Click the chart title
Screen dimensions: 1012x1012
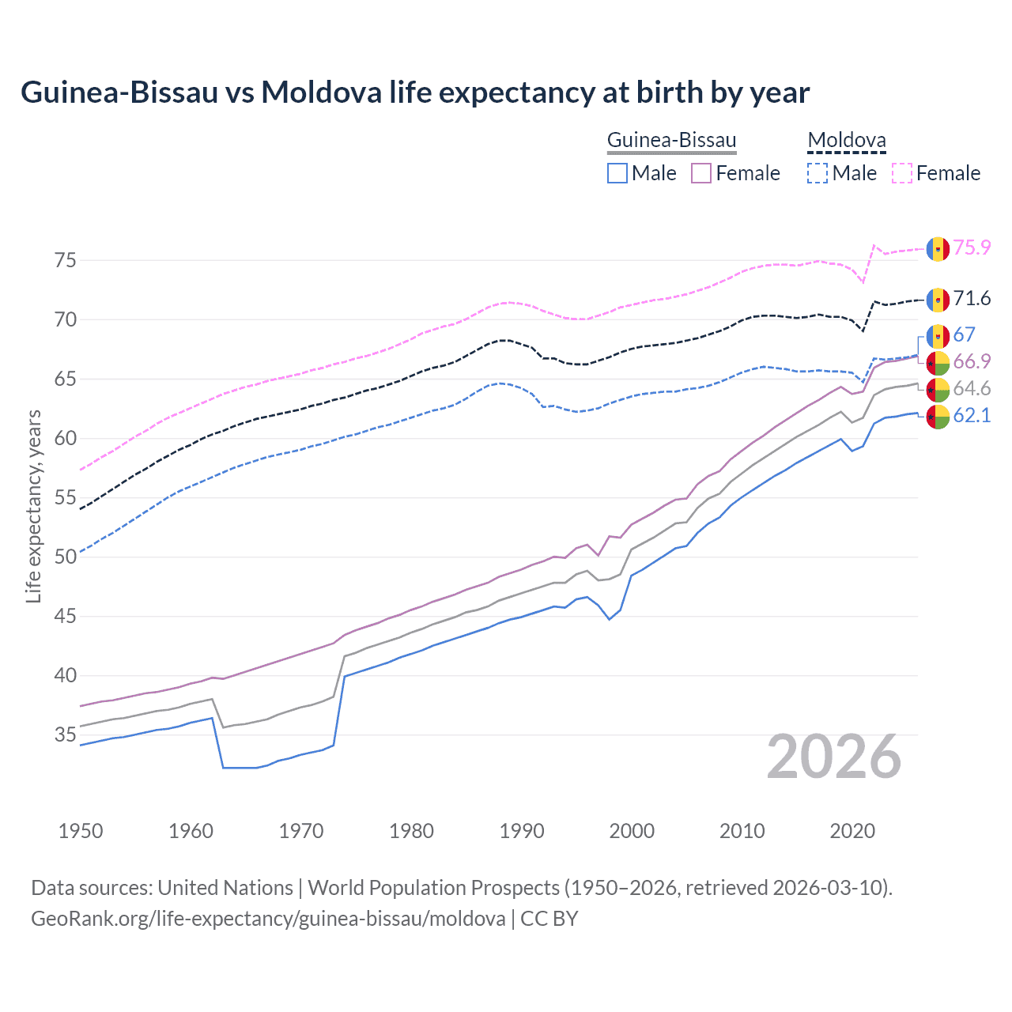click(415, 93)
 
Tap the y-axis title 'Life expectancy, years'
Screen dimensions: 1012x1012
click(33, 506)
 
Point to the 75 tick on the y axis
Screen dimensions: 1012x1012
click(66, 260)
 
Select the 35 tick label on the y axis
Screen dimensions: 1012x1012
click(66, 734)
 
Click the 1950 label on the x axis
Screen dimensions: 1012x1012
click(81, 831)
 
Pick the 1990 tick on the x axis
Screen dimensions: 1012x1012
click(522, 831)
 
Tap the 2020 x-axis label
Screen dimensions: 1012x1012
click(852, 831)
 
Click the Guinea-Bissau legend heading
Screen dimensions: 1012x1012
click(671, 141)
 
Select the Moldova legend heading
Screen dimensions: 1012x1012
click(847, 141)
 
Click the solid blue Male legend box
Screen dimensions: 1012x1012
click(617, 173)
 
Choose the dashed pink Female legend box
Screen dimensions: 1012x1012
click(902, 173)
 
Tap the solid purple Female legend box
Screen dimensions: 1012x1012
click(702, 173)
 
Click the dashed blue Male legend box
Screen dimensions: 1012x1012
click(818, 173)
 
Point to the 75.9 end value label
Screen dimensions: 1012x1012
click(972, 247)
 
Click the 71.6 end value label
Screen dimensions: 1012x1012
click(972, 298)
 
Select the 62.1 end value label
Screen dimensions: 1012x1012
click(972, 415)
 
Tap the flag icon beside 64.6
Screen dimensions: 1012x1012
click(938, 389)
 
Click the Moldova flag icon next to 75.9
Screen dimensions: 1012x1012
click(938, 248)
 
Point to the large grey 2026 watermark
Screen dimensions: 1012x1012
click(834, 757)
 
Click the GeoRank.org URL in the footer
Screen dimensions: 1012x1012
click(268, 918)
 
